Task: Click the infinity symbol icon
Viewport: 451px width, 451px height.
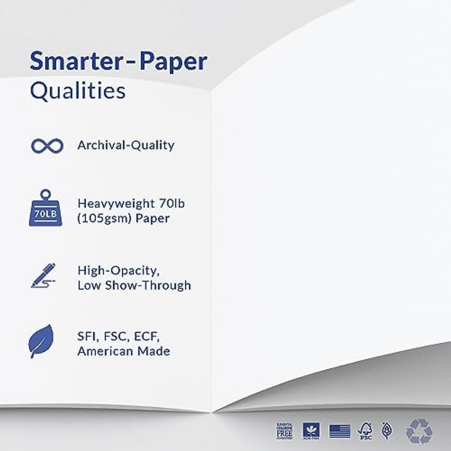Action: (47, 146)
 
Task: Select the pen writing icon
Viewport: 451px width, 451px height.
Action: (43, 276)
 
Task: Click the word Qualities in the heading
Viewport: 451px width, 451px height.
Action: (77, 91)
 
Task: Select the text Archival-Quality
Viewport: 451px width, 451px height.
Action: (126, 145)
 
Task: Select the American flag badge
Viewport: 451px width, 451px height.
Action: (340, 431)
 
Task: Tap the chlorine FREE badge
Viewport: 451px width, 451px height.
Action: (285, 431)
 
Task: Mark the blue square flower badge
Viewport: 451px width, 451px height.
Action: (311, 431)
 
